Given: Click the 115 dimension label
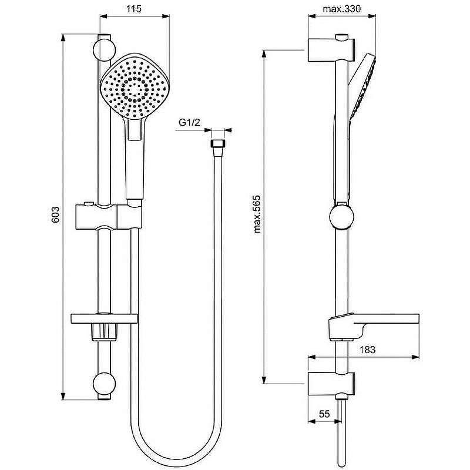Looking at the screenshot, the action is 134,9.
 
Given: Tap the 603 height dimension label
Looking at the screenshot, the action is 56,214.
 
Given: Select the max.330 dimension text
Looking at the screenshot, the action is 342,9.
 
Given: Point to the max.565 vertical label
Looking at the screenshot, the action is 257,214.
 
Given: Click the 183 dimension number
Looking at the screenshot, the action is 367,350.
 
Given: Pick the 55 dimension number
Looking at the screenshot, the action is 324,414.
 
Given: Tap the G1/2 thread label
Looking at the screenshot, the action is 189,122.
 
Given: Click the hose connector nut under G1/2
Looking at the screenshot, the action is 217,143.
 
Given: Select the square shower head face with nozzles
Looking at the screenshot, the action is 135,87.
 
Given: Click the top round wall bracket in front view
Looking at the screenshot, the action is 105,50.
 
